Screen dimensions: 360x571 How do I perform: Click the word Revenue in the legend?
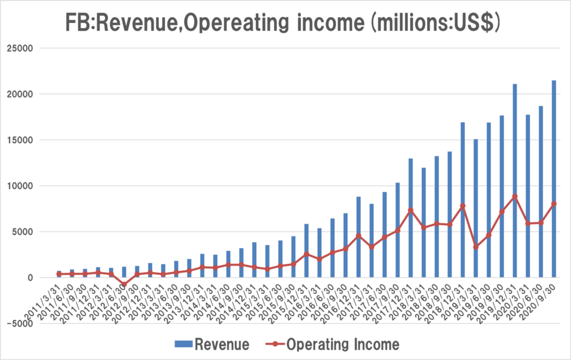[222, 344]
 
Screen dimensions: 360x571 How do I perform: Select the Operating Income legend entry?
[343, 344]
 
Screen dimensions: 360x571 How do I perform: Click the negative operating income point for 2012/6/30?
[124, 284]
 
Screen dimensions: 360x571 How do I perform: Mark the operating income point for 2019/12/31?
[515, 196]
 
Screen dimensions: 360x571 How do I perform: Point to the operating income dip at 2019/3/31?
[476, 247]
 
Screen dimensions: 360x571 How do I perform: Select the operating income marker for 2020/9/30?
[554, 204]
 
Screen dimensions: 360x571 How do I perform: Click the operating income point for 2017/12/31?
[410, 210]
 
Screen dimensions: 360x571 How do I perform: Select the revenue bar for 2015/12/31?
[306, 251]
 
